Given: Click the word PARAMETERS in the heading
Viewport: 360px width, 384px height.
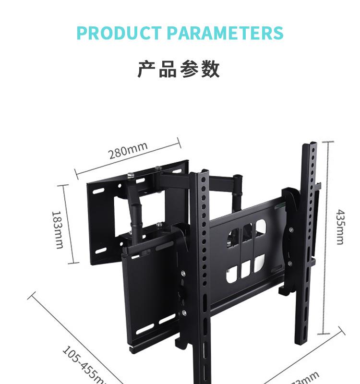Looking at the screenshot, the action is [225, 33].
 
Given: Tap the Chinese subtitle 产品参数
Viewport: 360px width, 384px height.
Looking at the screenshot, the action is [179, 69].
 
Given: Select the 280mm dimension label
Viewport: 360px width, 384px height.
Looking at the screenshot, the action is [128, 151].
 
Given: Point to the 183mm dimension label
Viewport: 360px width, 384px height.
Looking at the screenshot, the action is [58, 230].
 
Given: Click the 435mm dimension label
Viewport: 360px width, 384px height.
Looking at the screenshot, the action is [340, 227].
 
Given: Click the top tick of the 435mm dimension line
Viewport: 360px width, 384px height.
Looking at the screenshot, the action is [328, 142].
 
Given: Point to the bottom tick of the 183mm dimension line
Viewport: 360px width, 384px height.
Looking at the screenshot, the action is [73, 263].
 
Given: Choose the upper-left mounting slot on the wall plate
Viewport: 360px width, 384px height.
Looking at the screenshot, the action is [98, 191].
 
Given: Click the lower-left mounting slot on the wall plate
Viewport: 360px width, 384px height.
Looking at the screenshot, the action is [101, 251].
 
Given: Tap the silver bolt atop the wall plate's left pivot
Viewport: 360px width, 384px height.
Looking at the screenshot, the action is [130, 176].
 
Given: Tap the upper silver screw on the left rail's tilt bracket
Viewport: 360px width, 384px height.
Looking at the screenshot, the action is [184, 274].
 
